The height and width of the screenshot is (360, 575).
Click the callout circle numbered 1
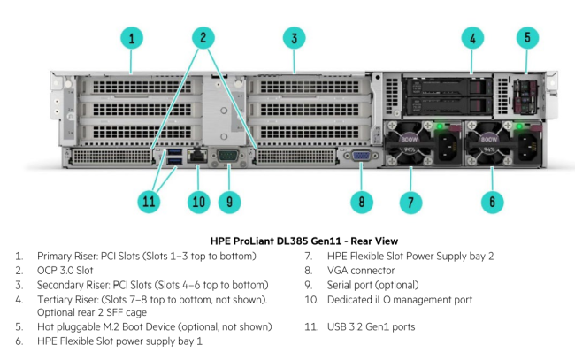point(131,37)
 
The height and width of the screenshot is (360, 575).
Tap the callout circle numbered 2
point(203,37)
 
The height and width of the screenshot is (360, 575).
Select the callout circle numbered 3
point(294,37)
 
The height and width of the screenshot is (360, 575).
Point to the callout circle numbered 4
point(472,37)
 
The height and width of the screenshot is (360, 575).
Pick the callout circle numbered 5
point(527,37)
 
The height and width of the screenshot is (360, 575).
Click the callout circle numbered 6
point(493,202)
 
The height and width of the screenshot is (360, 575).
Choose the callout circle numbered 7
point(409,202)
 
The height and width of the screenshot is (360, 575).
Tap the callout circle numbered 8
point(361,202)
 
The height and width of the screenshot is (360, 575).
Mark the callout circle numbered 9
point(229,202)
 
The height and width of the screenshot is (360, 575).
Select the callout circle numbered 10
point(198,202)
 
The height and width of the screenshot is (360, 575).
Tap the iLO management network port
point(198,157)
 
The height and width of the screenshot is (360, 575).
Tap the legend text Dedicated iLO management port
point(399,299)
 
